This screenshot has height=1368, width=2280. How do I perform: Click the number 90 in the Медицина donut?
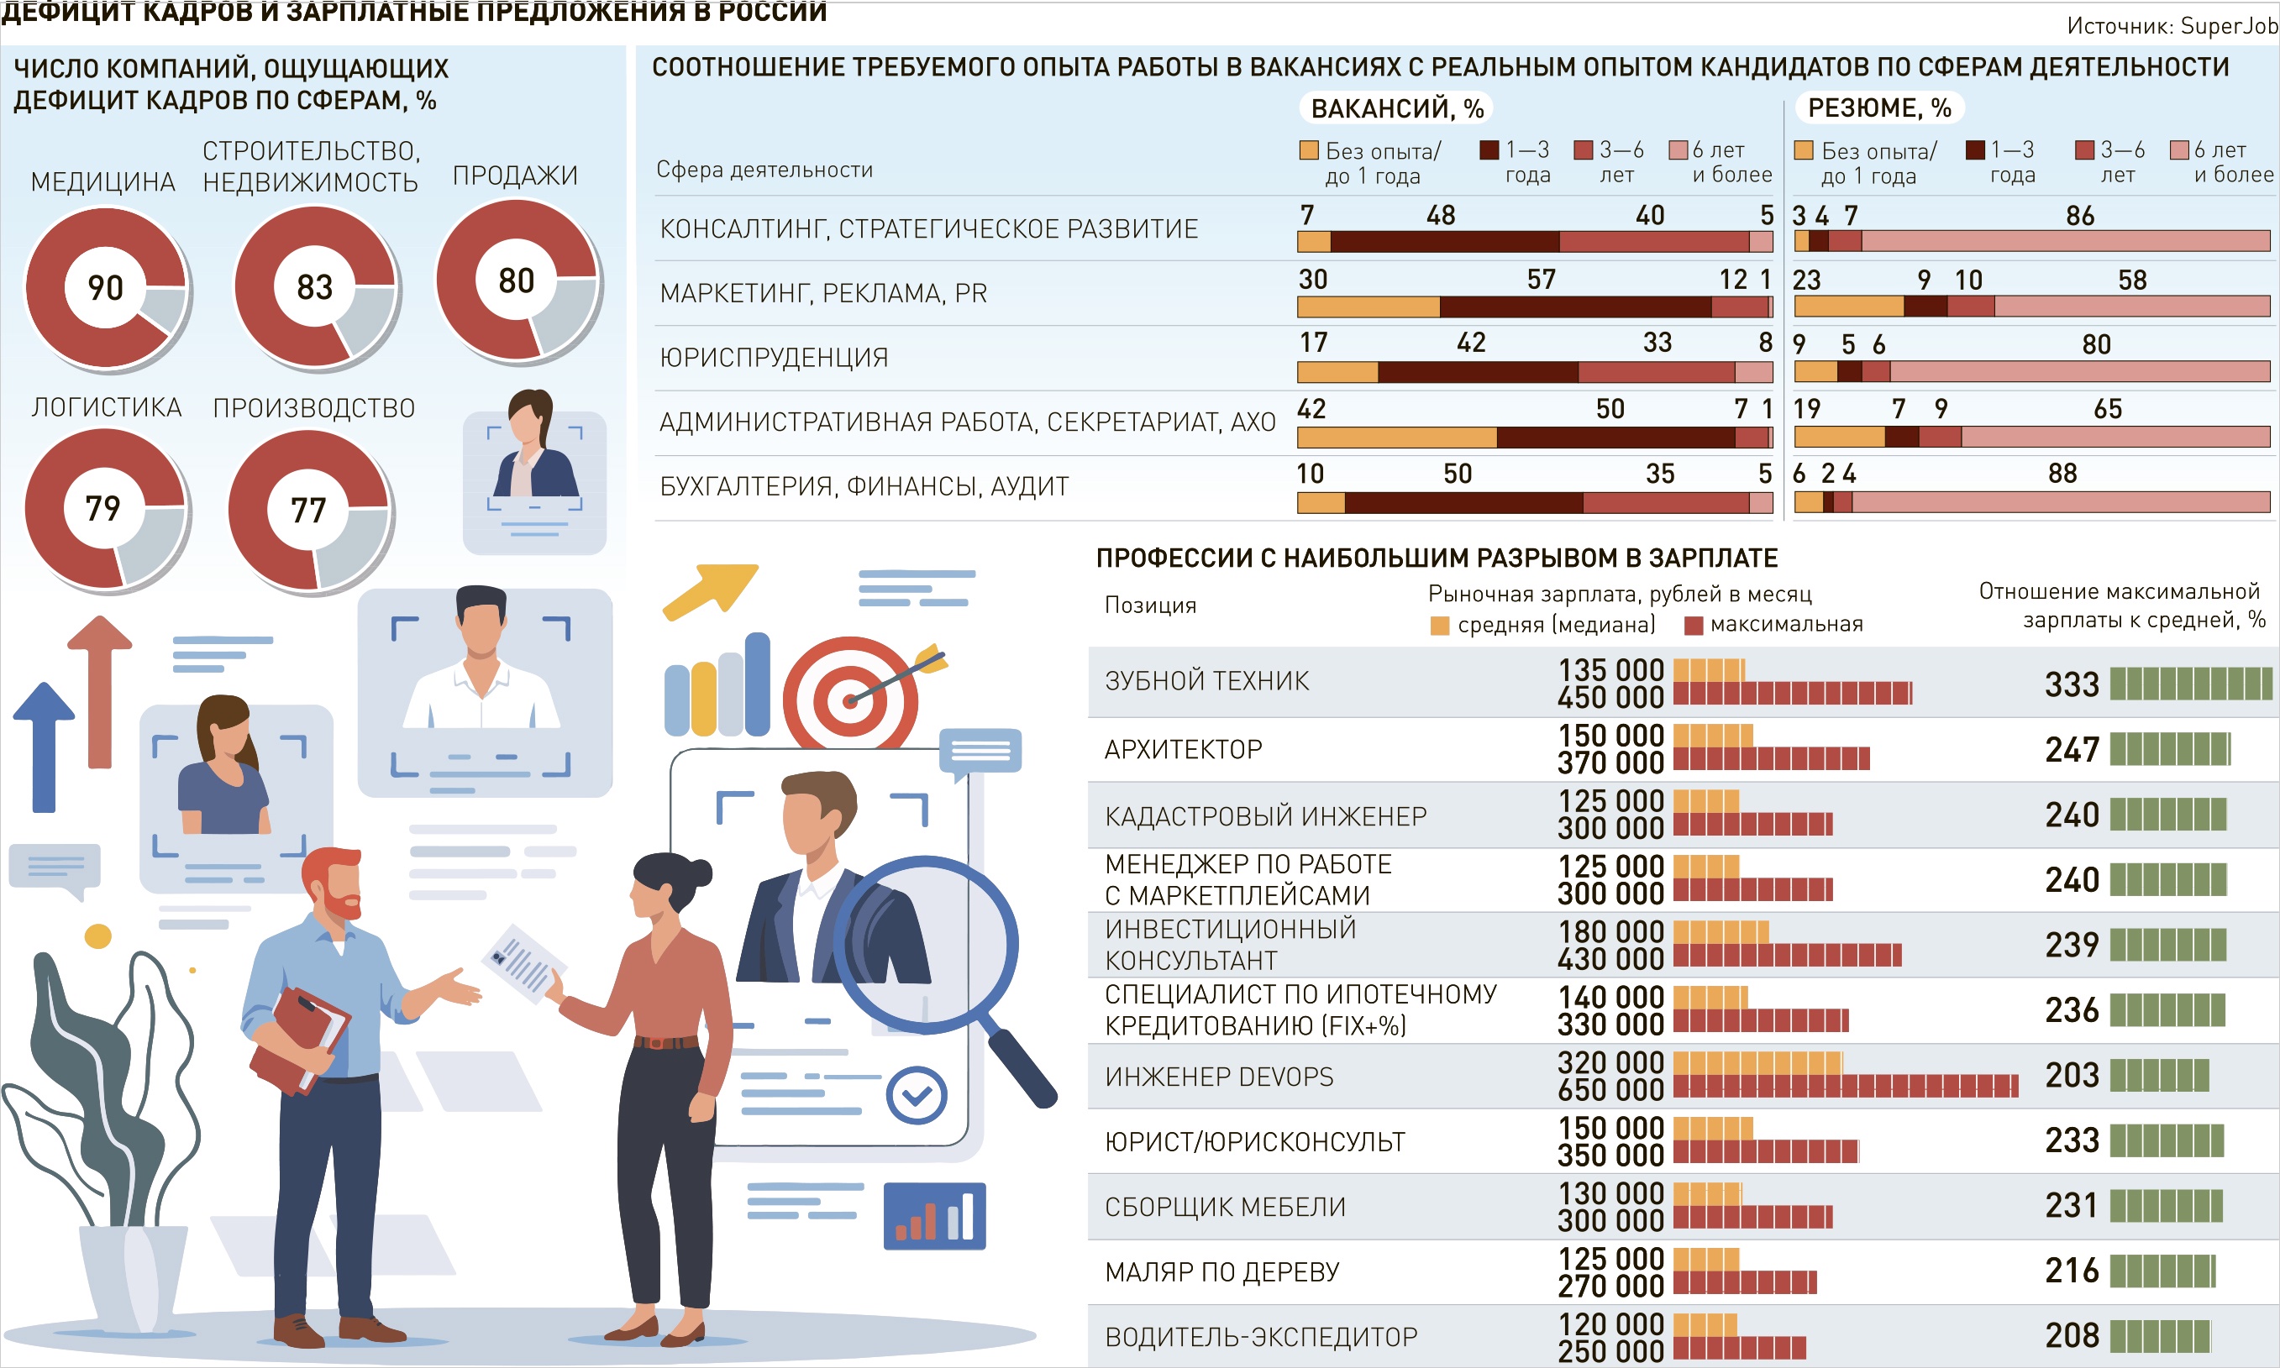tap(105, 287)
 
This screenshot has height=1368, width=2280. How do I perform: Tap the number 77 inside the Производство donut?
tap(308, 510)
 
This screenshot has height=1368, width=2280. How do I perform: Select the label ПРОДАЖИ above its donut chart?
tap(514, 176)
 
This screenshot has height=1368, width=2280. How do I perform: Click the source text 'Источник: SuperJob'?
tap(2172, 26)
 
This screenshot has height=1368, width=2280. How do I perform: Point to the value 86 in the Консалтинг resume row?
tap(2080, 216)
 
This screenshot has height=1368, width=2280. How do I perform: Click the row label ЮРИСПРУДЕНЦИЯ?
tap(774, 358)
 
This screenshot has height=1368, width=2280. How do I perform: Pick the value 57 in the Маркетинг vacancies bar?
tap(1541, 280)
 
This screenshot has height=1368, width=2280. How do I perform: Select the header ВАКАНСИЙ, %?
tap(1397, 109)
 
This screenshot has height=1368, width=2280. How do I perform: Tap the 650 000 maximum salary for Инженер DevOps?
tap(1610, 1089)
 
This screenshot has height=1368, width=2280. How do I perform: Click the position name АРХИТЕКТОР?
tap(1183, 749)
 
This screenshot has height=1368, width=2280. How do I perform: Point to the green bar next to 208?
tap(2159, 1336)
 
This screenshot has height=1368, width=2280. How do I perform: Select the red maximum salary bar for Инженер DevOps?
tap(1845, 1086)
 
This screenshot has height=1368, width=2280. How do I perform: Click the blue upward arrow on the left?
tap(44, 747)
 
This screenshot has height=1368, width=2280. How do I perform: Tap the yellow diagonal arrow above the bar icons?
tap(710, 590)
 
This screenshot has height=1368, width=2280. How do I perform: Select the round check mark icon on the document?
tap(916, 1095)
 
